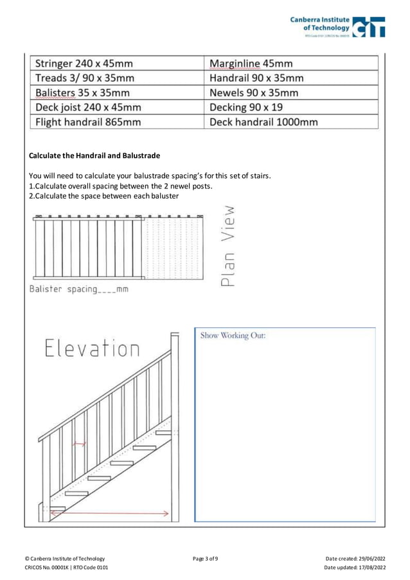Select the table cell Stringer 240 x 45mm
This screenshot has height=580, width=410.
point(116,64)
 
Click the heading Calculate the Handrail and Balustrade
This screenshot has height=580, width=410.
point(94,156)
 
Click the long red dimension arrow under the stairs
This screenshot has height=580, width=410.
point(109,512)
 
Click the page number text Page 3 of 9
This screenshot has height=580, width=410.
point(205,558)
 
